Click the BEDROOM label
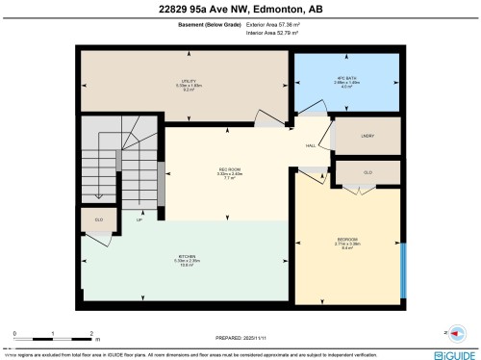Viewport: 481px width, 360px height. coord(347,239)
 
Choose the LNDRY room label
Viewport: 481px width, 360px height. coord(367,136)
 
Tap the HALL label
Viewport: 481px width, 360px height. coord(311,145)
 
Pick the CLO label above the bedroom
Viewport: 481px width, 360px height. coord(367,171)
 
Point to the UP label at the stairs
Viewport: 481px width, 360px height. coord(139,219)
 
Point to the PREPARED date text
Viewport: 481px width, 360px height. coord(240,338)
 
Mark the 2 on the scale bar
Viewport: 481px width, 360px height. coord(89,333)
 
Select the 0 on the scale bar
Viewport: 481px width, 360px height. coord(13,333)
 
